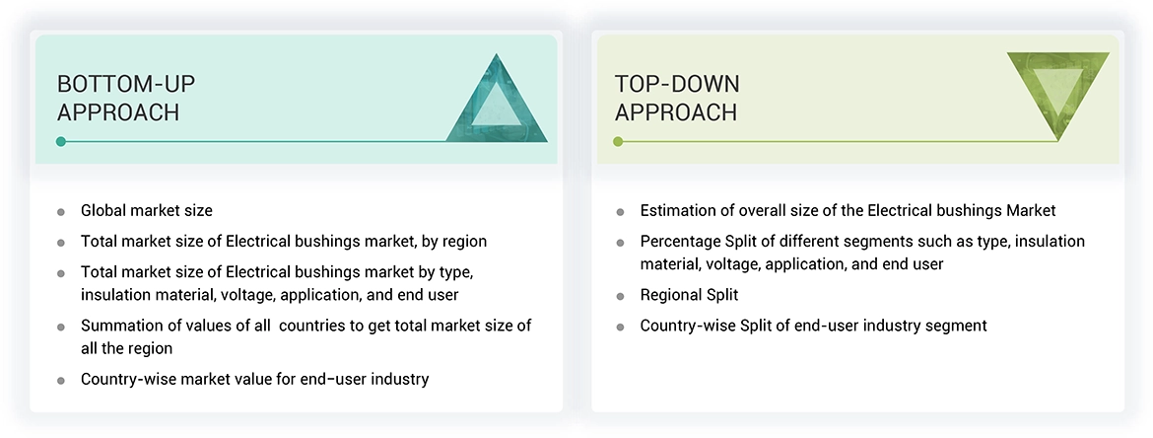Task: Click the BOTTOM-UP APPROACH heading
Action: [118, 98]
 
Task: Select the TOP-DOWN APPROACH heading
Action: [677, 98]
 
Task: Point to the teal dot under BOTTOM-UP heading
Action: [61, 142]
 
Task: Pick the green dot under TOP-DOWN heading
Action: [619, 142]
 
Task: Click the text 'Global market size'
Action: [146, 210]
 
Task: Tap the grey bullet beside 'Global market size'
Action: [61, 212]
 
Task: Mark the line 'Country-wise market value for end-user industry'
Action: [254, 379]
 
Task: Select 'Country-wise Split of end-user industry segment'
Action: [813, 326]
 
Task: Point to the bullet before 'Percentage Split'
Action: [620, 243]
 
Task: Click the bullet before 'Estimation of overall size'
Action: [620, 212]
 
